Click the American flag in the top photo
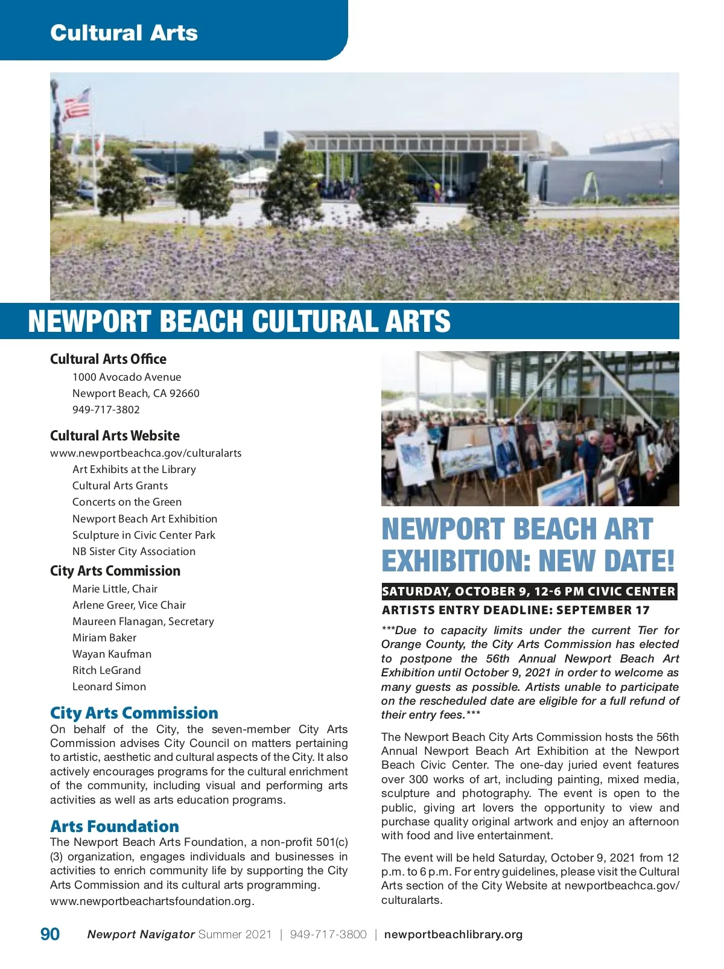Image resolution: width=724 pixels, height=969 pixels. (77, 104)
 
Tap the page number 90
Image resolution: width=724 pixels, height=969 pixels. (50, 934)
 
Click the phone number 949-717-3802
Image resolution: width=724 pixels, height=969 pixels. (106, 410)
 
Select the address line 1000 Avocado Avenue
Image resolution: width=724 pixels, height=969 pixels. (127, 377)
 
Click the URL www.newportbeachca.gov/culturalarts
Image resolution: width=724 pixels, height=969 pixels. (145, 453)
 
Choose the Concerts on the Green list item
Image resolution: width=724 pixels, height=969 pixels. (127, 502)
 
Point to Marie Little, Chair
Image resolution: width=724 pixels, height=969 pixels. (115, 589)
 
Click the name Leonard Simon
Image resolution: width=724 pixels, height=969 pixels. (109, 687)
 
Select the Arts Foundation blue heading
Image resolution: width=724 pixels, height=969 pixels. (115, 826)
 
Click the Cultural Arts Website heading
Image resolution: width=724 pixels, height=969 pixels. (115, 436)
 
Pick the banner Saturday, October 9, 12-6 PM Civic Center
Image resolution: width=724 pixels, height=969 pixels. (529, 591)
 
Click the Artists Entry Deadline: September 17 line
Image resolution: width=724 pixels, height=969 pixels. (516, 610)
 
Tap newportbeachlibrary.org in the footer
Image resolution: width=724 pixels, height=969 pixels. (453, 935)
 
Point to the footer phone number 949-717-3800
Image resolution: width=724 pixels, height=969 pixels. (328, 935)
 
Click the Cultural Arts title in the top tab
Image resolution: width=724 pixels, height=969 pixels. (124, 33)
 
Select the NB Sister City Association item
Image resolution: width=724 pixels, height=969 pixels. (134, 551)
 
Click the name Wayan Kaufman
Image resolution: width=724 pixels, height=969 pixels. (112, 654)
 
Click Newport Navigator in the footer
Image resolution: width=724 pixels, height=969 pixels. (141, 935)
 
